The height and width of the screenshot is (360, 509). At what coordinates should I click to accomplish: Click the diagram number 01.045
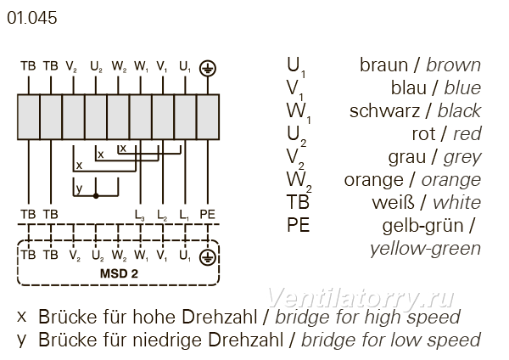pos(32,18)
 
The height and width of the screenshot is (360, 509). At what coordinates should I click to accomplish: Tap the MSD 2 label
pos(119,273)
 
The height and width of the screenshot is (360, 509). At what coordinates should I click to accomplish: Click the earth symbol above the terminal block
pos(208,68)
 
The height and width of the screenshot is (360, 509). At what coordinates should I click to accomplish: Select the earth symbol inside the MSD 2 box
pos(208,257)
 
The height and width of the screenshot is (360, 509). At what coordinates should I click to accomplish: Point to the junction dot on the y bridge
pos(96,196)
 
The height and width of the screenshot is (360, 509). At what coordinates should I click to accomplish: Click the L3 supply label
pos(140,216)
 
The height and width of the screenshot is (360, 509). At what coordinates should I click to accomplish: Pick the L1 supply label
pos(184,216)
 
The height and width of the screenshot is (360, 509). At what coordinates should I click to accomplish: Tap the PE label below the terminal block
pos(208,215)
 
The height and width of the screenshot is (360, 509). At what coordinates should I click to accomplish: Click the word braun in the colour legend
pos(383,65)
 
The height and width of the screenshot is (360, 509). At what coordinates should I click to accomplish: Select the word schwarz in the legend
pos(384,111)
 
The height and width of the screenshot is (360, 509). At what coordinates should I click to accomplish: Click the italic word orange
pos(451,181)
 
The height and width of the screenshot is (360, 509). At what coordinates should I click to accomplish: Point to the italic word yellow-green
pos(425,250)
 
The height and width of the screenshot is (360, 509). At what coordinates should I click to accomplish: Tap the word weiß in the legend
pos(394,203)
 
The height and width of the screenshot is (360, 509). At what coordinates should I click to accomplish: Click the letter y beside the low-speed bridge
pos(79,188)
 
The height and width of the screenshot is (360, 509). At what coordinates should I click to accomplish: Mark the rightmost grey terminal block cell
pos(208,117)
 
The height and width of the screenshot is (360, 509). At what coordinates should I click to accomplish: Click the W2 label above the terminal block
pos(119,66)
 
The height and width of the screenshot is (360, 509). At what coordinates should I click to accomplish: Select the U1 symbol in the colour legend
pos(296,66)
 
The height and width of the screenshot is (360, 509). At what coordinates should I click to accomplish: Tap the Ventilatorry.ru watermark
pos(361,298)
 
